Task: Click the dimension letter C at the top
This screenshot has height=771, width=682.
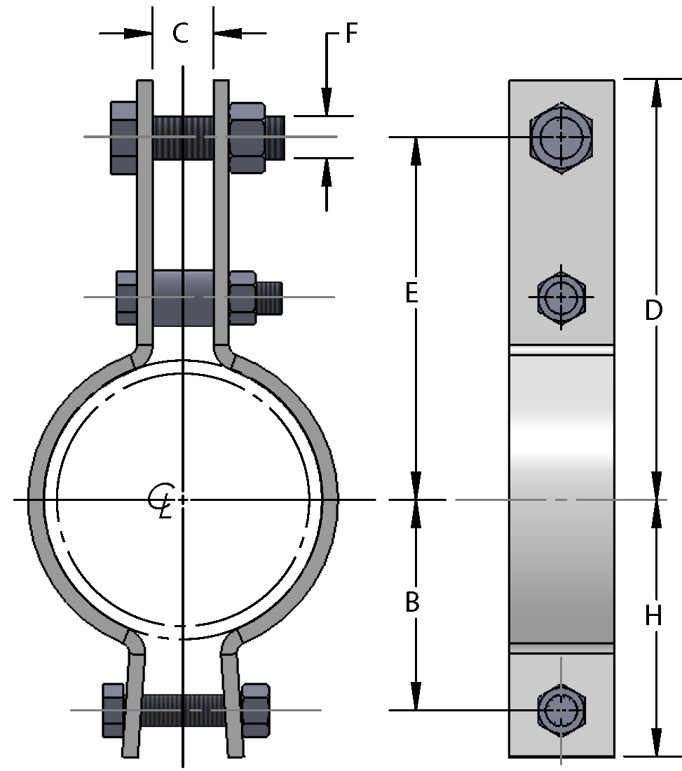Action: pyautogui.click(x=181, y=33)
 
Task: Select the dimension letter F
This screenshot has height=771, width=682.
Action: pyautogui.click(x=352, y=34)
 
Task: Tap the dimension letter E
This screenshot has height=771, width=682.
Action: pyautogui.click(x=412, y=294)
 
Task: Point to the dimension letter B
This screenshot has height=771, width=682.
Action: pyautogui.click(x=413, y=602)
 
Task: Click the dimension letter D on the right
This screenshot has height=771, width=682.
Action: pyautogui.click(x=653, y=310)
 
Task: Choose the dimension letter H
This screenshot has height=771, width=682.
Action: pyautogui.click(x=653, y=616)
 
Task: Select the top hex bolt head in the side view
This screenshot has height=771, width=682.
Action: pyautogui.click(x=561, y=138)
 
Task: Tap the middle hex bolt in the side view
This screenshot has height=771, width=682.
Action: pyautogui.click(x=561, y=297)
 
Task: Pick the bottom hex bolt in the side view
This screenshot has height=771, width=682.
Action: pyautogui.click(x=561, y=710)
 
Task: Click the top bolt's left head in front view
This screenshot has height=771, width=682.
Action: pyautogui.click(x=123, y=137)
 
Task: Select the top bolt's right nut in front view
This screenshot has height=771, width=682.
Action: pyautogui.click(x=247, y=137)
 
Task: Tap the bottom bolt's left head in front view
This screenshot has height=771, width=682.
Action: pyautogui.click(x=114, y=710)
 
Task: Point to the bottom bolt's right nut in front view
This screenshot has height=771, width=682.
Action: pyautogui.click(x=255, y=710)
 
